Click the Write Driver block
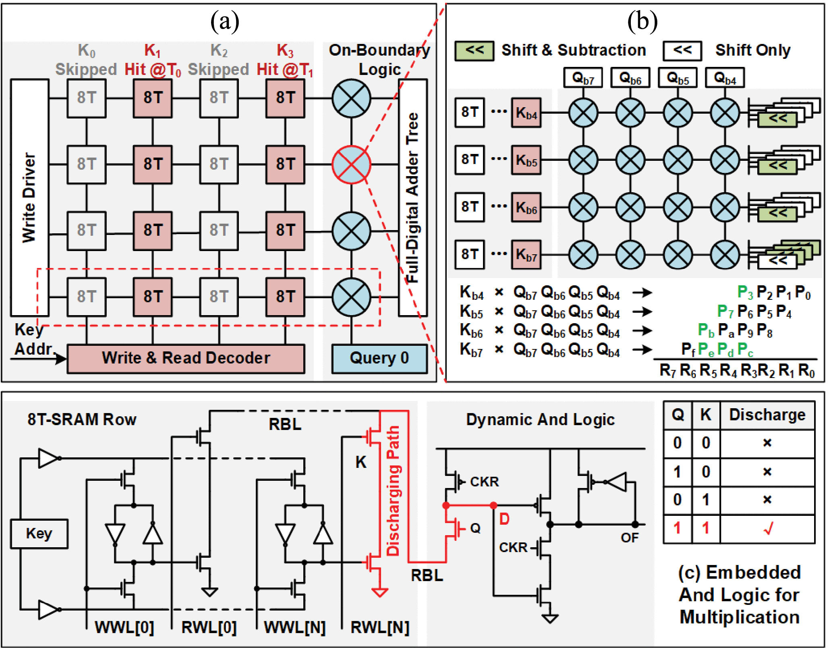(29, 197)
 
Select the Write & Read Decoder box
(186, 358)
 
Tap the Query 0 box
(379, 358)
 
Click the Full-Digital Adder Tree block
(413, 197)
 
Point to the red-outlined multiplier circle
(351, 164)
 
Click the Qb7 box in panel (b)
(583, 78)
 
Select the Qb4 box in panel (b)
(725, 78)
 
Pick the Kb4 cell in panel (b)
(526, 113)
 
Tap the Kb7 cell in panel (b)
(526, 255)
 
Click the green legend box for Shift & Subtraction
(474, 51)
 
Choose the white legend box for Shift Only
(682, 51)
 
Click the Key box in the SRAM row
(39, 534)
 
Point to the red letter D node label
(504, 519)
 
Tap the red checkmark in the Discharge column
(767, 528)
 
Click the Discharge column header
(767, 415)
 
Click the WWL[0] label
(124, 627)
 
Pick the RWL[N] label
(379, 627)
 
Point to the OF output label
(629, 538)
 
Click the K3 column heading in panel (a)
(285, 51)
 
